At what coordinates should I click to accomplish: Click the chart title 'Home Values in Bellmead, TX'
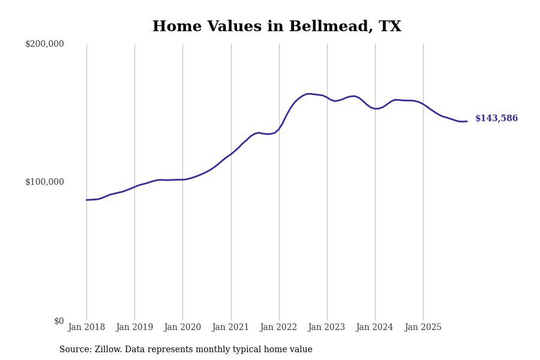[x=277, y=27]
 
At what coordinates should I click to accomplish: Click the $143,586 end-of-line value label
[x=496, y=119]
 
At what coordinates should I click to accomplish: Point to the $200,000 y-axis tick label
[x=44, y=44]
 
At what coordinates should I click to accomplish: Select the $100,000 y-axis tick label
[x=44, y=182]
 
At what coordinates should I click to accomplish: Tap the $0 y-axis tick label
[x=59, y=321]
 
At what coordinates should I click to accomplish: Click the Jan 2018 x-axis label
[x=86, y=328]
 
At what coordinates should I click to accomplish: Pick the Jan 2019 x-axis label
[x=134, y=328]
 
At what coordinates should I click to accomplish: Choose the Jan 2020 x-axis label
[x=182, y=328]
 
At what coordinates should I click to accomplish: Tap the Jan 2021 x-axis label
[x=231, y=328]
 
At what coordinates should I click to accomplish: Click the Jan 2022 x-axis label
[x=279, y=328]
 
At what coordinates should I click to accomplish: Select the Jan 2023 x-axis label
[x=327, y=328]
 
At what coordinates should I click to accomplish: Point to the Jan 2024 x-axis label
[x=375, y=328]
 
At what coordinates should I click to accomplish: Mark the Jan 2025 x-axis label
[x=423, y=328]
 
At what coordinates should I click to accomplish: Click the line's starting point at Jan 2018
[x=86, y=200]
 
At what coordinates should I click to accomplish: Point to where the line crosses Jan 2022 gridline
[x=279, y=129]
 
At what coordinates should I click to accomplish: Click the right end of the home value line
[x=467, y=121]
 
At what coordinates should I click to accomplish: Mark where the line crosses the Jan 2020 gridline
[x=182, y=179]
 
